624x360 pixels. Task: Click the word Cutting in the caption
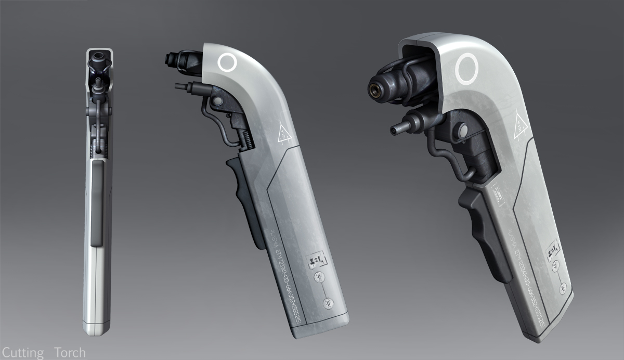22,353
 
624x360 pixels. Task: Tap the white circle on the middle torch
227,63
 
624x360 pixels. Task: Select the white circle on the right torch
466,69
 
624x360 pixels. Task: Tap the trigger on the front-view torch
97,203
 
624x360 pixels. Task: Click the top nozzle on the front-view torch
99,62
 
